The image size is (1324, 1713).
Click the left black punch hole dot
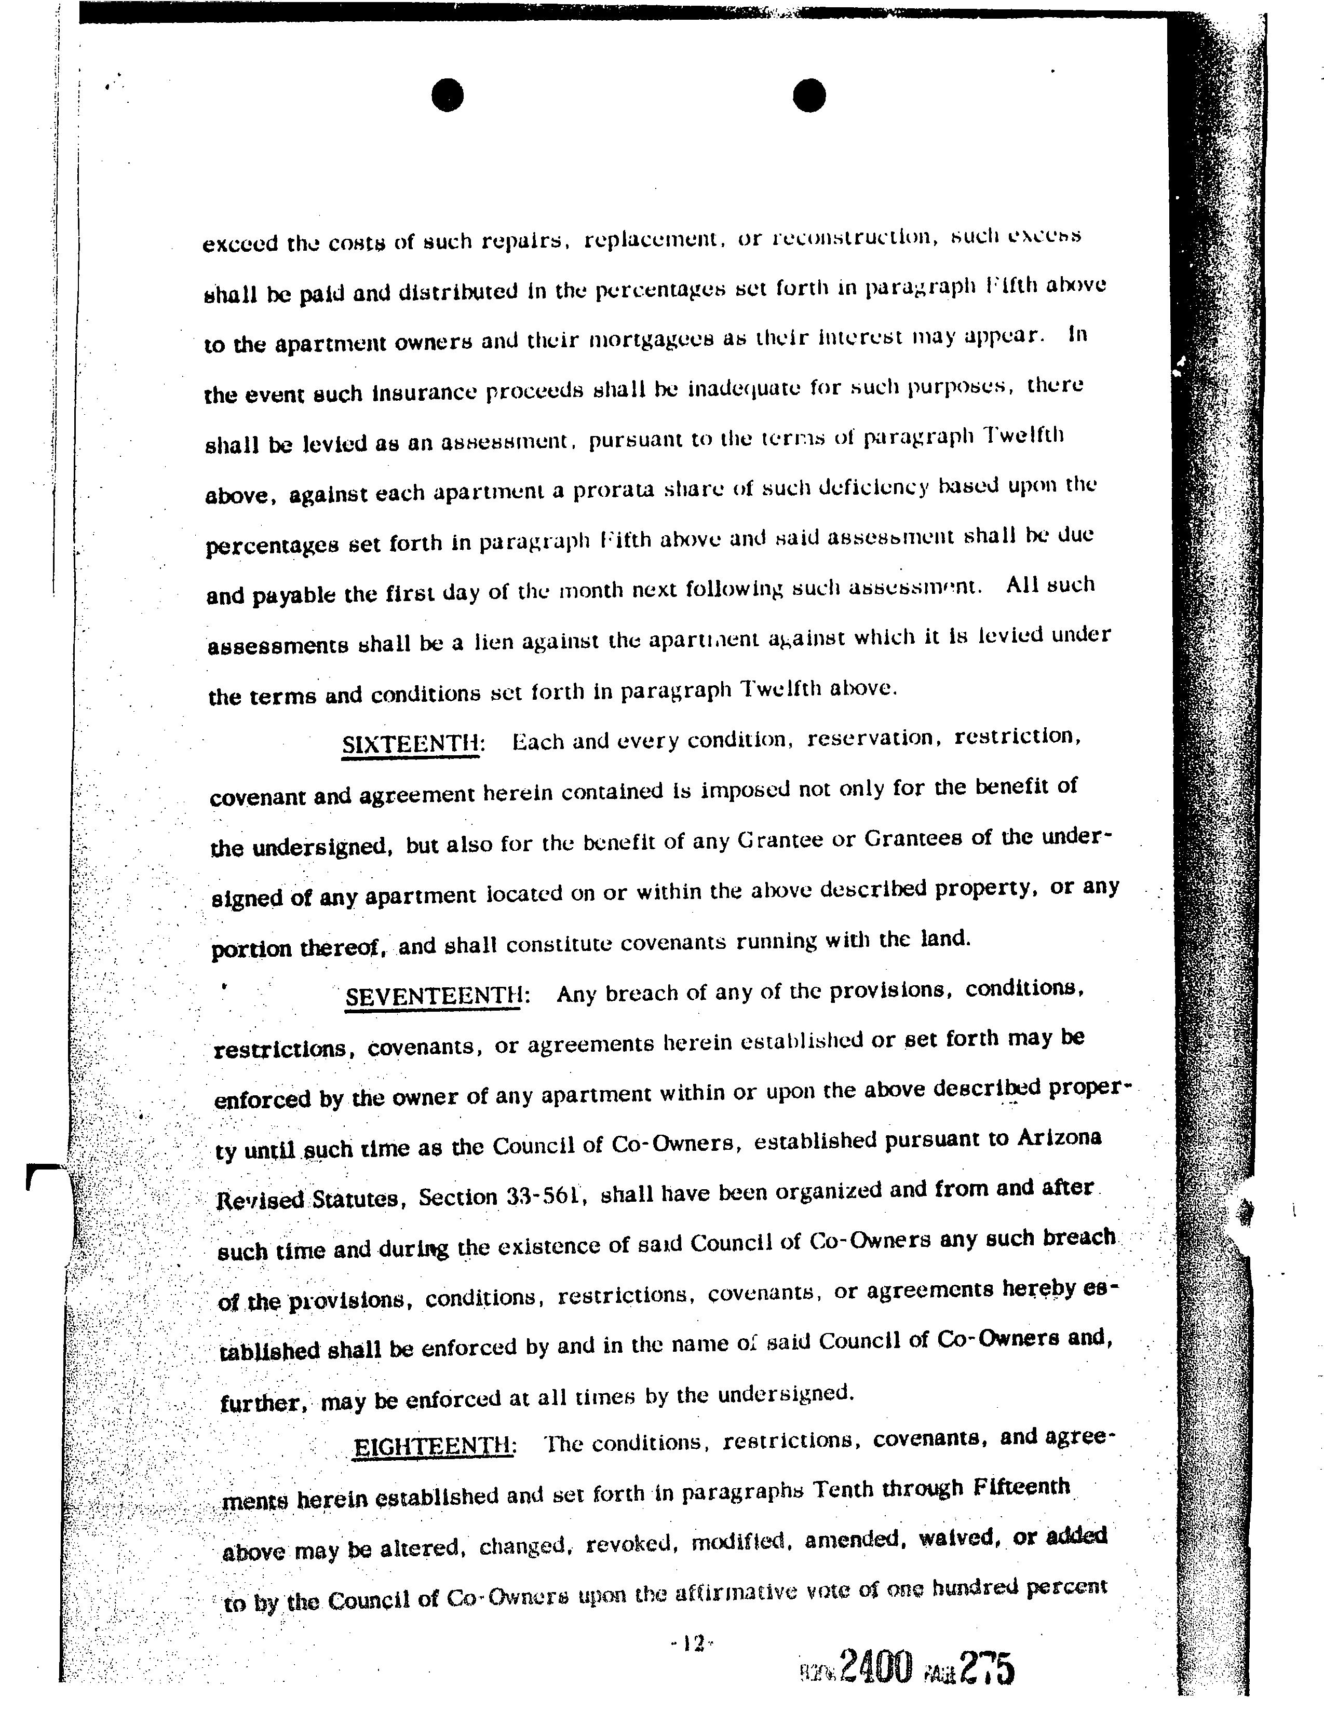coord(448,96)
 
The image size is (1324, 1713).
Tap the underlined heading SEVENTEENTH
coord(434,996)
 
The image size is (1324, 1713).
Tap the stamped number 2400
coord(876,1667)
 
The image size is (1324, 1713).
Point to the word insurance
coord(425,392)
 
